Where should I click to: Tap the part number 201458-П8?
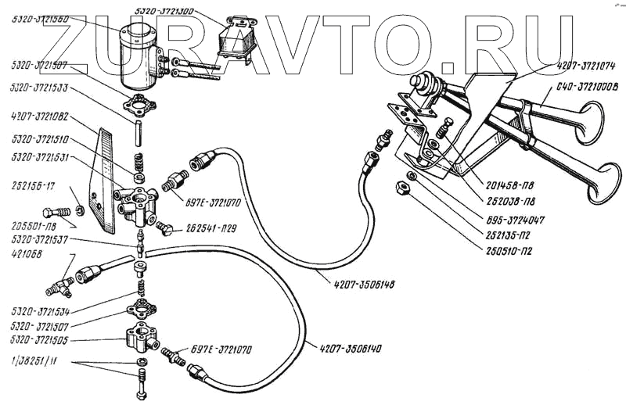[x=509, y=187]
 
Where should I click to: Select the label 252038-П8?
[x=509, y=203]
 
